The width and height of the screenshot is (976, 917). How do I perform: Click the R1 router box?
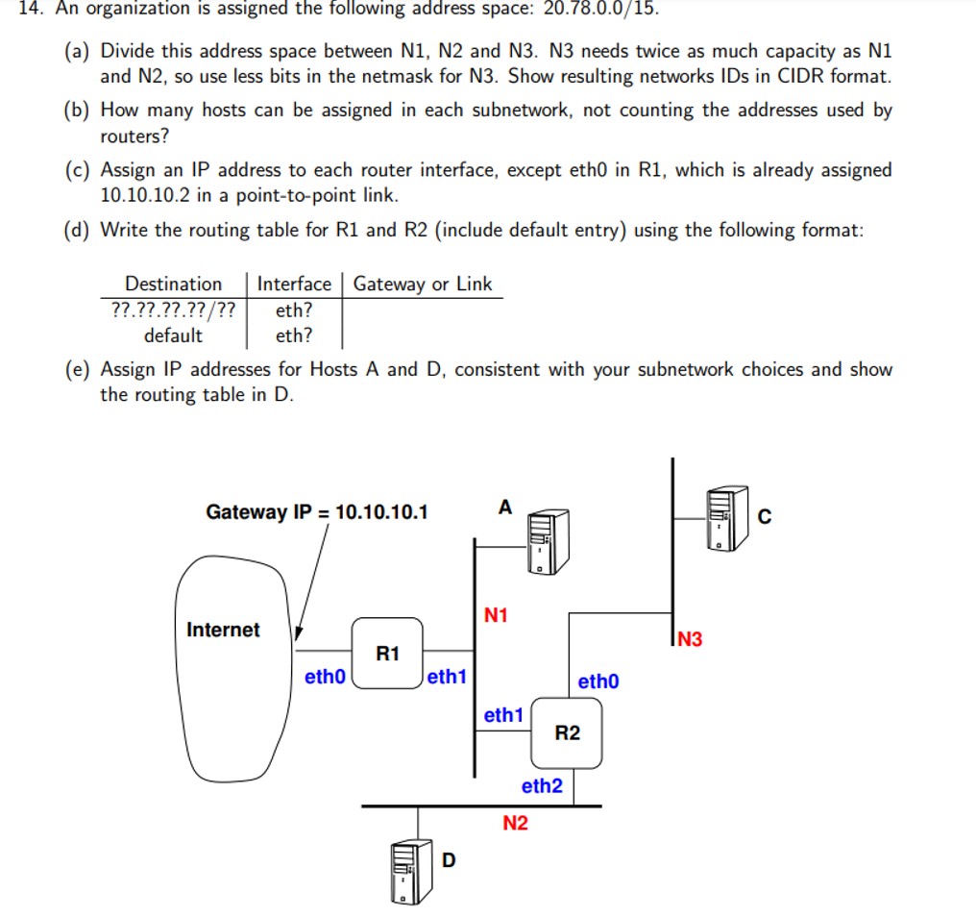click(x=388, y=655)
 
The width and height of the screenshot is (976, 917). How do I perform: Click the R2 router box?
click(x=567, y=732)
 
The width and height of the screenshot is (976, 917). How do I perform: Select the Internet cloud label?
click(x=223, y=630)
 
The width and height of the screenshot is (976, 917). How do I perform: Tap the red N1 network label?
click(x=496, y=615)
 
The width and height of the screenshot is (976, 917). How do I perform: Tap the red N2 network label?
click(x=515, y=824)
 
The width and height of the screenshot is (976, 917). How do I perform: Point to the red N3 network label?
click(x=689, y=639)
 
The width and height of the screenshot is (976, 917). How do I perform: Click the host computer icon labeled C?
click(x=726, y=518)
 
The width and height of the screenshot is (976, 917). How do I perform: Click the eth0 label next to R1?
click(x=325, y=677)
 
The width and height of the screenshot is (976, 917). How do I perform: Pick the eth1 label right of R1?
click(x=447, y=677)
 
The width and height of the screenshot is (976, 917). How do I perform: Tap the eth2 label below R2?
click(x=542, y=786)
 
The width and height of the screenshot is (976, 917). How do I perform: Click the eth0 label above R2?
click(x=598, y=682)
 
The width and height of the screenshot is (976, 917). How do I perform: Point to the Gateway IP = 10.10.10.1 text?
click(x=317, y=512)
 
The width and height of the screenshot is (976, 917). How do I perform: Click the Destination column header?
click(x=173, y=284)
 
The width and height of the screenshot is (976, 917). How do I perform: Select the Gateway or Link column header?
click(x=422, y=284)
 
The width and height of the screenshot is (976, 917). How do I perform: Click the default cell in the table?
click(x=173, y=335)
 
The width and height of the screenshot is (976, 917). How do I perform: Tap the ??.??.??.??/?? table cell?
click(x=173, y=310)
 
